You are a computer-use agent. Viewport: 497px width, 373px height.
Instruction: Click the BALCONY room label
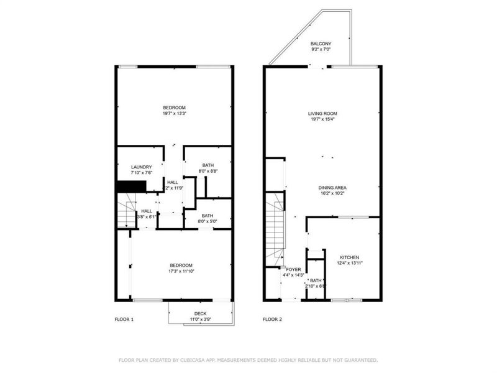[x=322, y=43]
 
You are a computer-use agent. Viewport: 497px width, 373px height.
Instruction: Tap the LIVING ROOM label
[x=322, y=113]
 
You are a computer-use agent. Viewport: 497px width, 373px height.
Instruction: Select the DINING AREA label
[x=332, y=187]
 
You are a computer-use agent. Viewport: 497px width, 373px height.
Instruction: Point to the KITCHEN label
[x=349, y=257]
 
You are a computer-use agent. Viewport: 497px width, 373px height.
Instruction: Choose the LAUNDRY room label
[x=141, y=167]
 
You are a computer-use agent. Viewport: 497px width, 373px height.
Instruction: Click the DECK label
[x=200, y=313]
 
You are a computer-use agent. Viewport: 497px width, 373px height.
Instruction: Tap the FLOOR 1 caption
[x=124, y=319]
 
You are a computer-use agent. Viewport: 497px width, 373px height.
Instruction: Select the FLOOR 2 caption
[x=272, y=319]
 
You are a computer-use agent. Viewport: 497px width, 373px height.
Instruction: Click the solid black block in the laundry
[x=131, y=186]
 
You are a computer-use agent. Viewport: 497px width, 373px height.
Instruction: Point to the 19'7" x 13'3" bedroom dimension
[x=173, y=113]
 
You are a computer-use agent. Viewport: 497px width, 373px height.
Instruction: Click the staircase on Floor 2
[x=275, y=230]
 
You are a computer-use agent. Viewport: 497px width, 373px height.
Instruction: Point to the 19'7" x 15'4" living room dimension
[x=322, y=119]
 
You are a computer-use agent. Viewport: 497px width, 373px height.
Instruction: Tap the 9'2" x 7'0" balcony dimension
[x=322, y=48]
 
